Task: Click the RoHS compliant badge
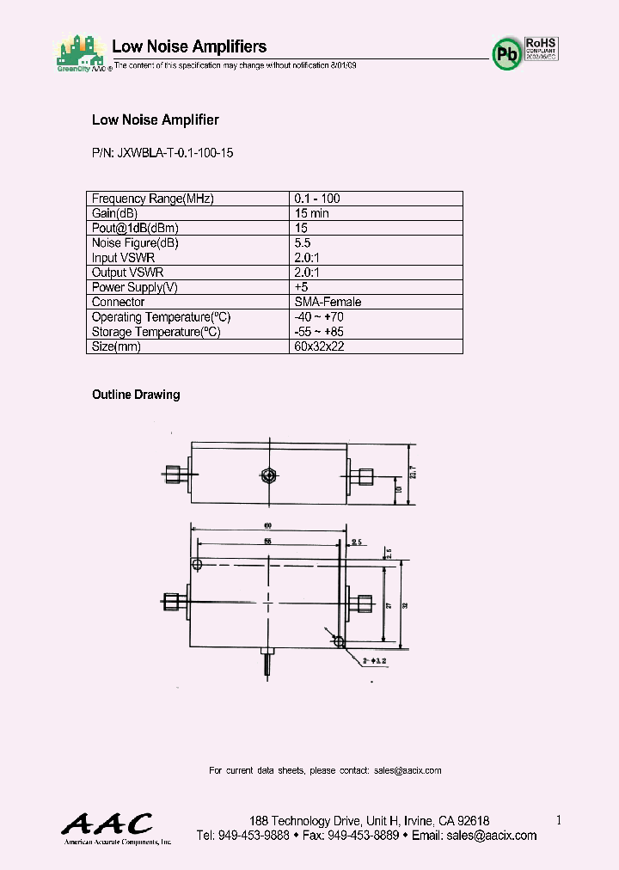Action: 542,47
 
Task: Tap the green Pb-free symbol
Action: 506,54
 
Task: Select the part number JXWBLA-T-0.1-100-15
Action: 162,152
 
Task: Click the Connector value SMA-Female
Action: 328,302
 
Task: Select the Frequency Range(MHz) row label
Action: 152,198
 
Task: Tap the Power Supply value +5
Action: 302,287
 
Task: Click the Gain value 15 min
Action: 311,212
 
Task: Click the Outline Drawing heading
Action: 136,395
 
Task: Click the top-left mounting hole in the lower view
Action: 198,565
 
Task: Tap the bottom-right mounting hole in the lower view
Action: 339,641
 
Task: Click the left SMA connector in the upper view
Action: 175,472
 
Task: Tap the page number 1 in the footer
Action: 558,820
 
